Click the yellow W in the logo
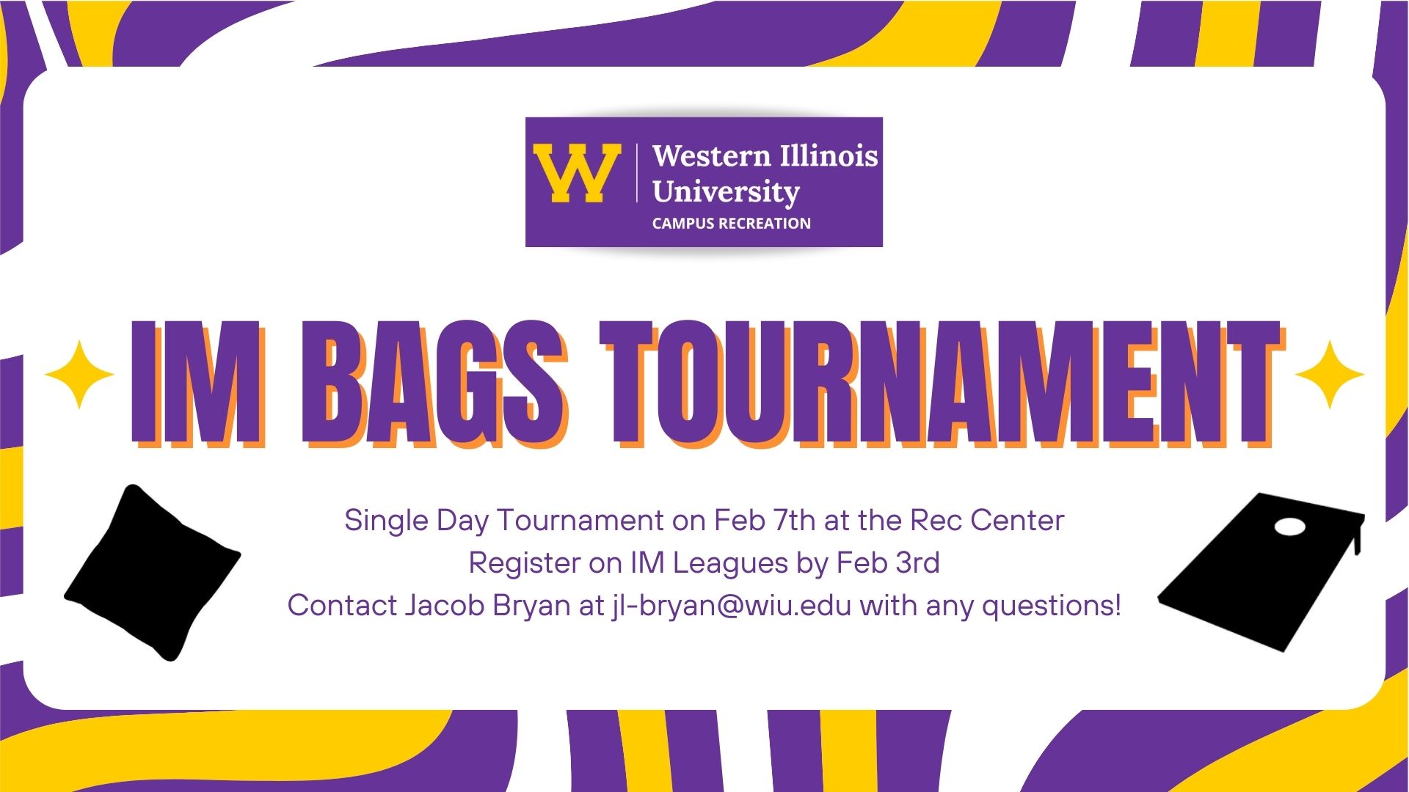click(x=578, y=173)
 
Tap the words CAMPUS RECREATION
click(x=732, y=224)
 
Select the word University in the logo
click(x=726, y=192)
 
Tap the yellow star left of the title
click(x=79, y=375)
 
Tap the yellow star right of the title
click(x=1330, y=375)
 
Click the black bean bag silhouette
click(x=153, y=573)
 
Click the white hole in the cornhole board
click(x=1290, y=527)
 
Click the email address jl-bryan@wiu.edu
click(x=731, y=606)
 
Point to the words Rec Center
click(x=987, y=521)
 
